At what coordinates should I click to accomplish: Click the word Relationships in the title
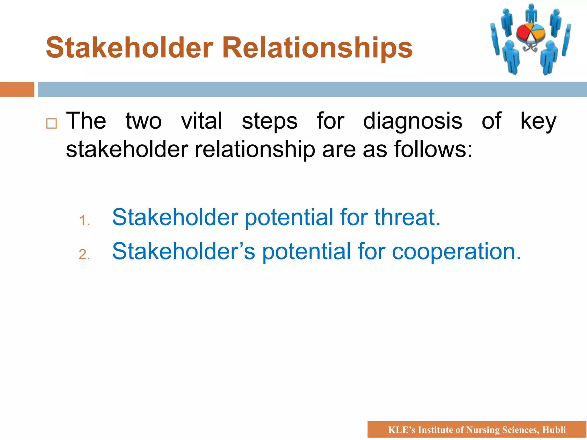click(317, 48)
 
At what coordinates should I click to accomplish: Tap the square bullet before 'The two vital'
click(52, 123)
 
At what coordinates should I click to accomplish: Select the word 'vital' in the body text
click(202, 121)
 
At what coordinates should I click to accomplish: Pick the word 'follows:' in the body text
click(433, 149)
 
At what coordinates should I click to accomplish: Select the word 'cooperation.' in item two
click(456, 252)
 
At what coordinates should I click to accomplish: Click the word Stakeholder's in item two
click(183, 252)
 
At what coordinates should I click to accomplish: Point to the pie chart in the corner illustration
click(531, 33)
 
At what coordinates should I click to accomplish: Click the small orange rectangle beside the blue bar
click(17, 89)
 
